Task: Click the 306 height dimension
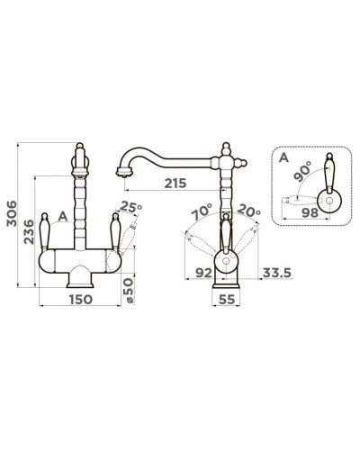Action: point(12,213)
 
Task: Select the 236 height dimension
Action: point(29,231)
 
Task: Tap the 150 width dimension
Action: point(81,299)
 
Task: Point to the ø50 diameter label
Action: point(128,290)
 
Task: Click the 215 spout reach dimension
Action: point(175,183)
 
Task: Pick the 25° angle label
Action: point(130,207)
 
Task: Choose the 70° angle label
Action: point(202,211)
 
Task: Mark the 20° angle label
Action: point(249,211)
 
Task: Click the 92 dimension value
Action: point(203,273)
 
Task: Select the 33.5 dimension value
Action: point(277,273)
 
